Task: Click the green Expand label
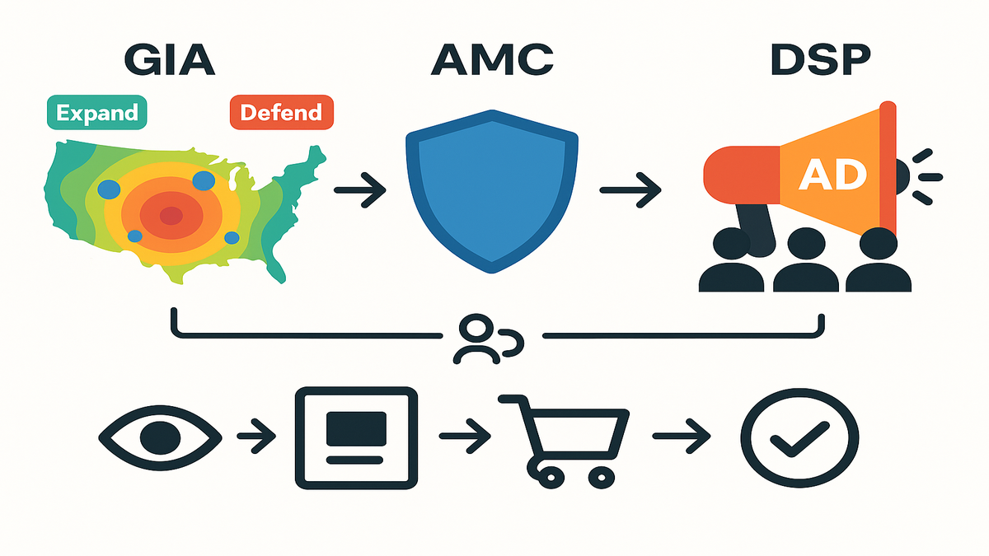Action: tap(96, 112)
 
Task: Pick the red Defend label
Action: tap(282, 112)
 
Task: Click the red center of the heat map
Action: tap(170, 216)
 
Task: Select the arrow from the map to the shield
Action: tap(360, 191)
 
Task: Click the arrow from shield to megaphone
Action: tap(630, 191)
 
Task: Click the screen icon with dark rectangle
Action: tap(356, 436)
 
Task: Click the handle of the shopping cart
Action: tap(509, 400)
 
